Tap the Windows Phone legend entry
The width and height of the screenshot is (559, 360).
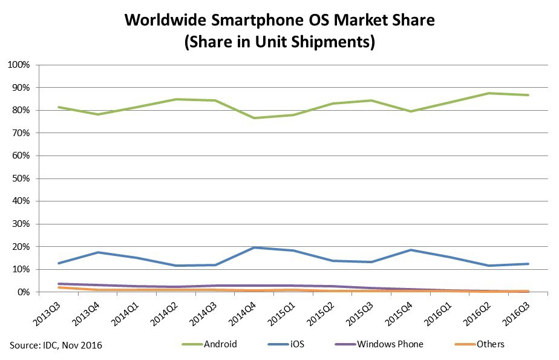point(390,344)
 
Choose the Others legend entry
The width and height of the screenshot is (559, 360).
point(489,344)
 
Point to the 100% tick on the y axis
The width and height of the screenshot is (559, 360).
point(18,65)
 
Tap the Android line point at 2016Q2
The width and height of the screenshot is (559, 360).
point(488,93)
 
